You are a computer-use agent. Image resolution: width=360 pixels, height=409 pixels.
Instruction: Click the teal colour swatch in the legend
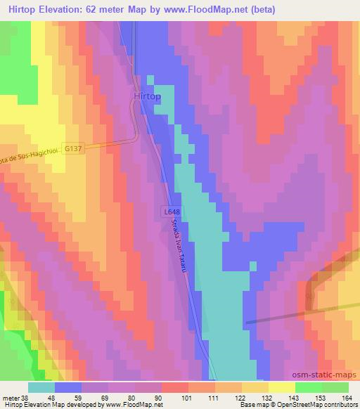pos(41,387)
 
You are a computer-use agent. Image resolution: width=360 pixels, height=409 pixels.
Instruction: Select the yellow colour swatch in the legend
pos(281,387)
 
